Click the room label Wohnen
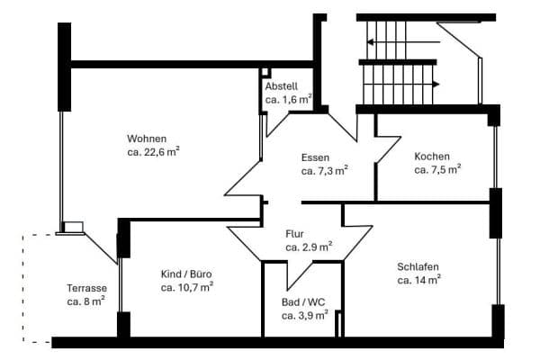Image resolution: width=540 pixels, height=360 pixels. (147, 139)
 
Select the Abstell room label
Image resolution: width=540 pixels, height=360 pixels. (281, 85)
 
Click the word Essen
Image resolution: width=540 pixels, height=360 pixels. (315, 157)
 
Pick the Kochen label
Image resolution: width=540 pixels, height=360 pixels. (432, 156)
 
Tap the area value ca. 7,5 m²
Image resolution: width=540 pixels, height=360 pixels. (437, 168)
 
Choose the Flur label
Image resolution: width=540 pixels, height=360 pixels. (294, 232)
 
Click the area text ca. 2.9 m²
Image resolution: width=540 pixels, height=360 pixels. (309, 246)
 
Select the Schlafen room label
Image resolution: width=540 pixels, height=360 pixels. (418, 266)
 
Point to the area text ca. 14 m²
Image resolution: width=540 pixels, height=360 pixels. (418, 280)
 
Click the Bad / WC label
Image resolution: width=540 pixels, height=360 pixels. (301, 302)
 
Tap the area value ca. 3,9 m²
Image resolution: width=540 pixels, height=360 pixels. (304, 316)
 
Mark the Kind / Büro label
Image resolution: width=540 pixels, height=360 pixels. (186, 274)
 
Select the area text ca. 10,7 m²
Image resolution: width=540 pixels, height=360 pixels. (187, 287)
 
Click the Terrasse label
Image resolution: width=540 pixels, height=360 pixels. (86, 288)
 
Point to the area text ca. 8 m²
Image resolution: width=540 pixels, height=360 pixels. (86, 301)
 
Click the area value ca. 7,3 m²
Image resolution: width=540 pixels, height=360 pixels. (324, 170)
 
